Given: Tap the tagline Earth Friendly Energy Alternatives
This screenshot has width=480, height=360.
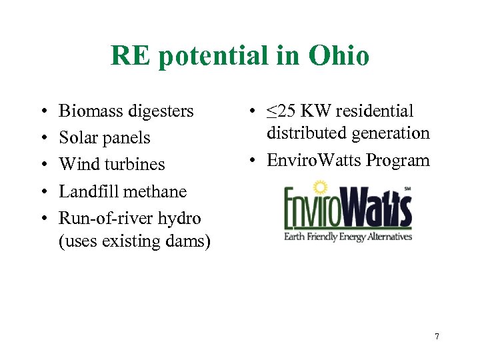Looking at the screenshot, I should pos(348,236).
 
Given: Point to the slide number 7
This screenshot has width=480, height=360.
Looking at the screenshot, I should pos(437,336).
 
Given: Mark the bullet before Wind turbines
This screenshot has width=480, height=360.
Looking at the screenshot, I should pos(42,165).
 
